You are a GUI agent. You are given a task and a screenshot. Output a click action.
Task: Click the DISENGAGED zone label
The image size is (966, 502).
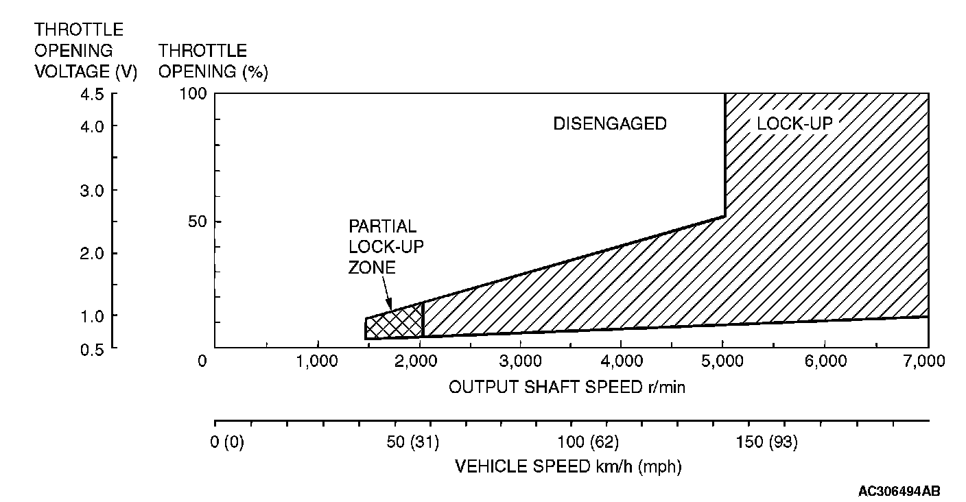pyautogui.click(x=610, y=123)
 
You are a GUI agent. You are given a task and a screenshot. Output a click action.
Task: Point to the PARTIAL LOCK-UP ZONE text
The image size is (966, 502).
pyautogui.click(x=382, y=247)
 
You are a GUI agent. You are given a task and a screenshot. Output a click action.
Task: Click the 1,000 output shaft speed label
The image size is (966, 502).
pyautogui.click(x=317, y=361)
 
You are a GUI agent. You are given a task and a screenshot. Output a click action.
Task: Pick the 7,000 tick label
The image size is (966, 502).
pyautogui.click(x=927, y=361)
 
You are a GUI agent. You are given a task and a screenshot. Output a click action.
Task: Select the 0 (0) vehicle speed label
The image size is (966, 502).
pyautogui.click(x=229, y=442)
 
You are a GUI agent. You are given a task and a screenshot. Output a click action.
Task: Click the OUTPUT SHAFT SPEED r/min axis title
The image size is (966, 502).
pyautogui.click(x=567, y=387)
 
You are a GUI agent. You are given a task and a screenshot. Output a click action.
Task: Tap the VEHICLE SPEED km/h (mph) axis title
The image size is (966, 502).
pyautogui.click(x=569, y=466)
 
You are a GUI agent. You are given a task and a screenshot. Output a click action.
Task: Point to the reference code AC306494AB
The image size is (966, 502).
pyautogui.click(x=899, y=491)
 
